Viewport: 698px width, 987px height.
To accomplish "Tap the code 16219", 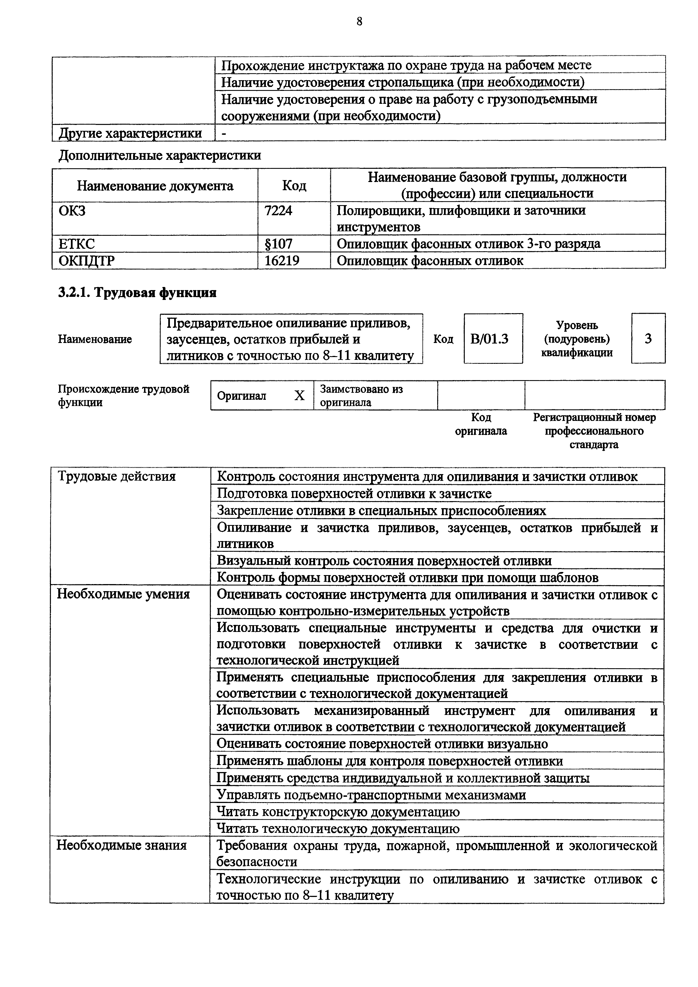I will click(x=282, y=261).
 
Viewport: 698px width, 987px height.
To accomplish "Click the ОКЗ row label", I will click(x=72, y=211).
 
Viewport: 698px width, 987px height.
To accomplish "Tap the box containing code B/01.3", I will click(x=493, y=339).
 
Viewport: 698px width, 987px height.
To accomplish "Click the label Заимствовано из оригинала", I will click(x=361, y=396).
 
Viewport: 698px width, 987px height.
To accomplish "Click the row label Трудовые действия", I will click(x=116, y=476).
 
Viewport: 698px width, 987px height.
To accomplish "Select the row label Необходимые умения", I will click(x=123, y=594).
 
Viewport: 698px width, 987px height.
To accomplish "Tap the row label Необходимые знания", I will click(x=122, y=845).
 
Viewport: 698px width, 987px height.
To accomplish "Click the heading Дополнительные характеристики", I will click(x=160, y=155).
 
